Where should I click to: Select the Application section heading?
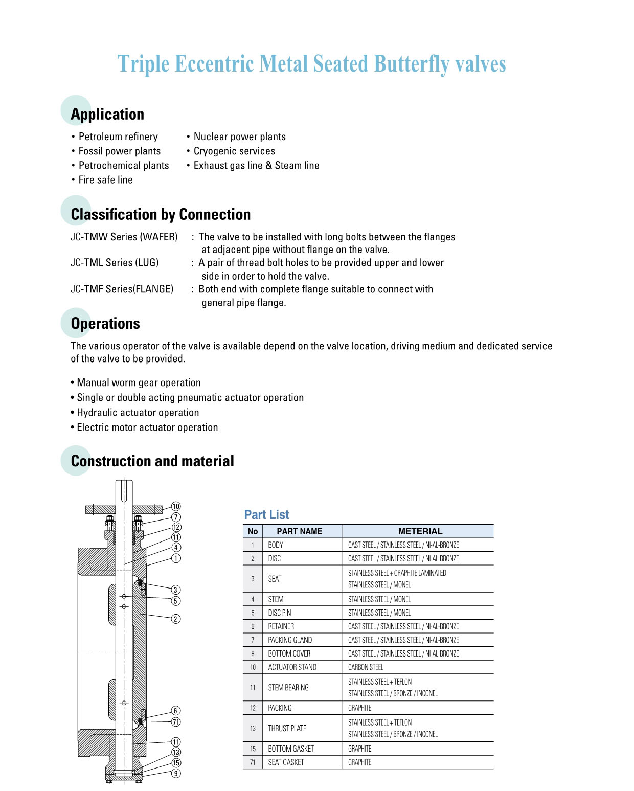107,114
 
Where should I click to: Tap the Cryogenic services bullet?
234,151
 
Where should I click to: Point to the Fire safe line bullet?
105,179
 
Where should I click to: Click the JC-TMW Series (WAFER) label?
124,237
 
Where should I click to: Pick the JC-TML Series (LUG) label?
115,262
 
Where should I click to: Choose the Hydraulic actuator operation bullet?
138,412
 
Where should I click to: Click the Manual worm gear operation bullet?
139,382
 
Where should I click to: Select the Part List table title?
266,514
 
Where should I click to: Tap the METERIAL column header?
420,531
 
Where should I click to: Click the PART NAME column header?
299,531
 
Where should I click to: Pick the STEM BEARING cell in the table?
288,687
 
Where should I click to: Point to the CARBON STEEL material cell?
366,667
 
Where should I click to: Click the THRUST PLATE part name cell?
287,728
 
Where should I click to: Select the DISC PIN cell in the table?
280,613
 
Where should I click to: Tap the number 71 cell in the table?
253,762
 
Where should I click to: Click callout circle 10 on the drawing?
176,506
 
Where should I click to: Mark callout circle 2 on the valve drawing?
175,619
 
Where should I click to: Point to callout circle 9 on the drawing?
176,773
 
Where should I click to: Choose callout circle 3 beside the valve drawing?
175,590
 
